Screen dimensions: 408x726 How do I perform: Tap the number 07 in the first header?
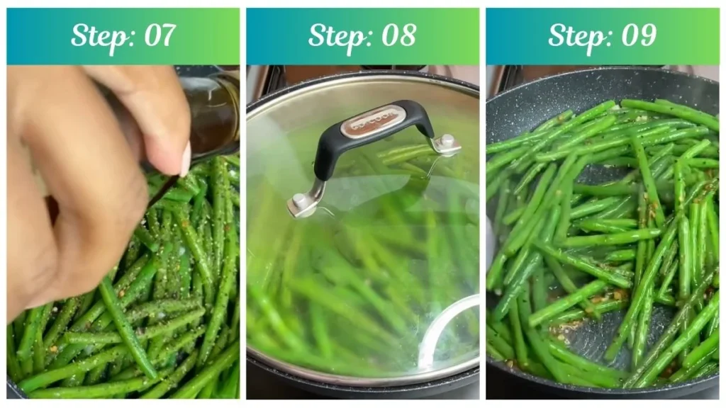pyautogui.click(x=158, y=35)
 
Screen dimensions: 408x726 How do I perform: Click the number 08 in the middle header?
pyautogui.click(x=398, y=35)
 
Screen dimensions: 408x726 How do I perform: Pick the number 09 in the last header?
pyautogui.click(x=637, y=35)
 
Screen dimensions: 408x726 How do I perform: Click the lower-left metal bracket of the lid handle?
pyautogui.click(x=303, y=202)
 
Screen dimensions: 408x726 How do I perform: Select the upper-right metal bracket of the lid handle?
pyautogui.click(x=445, y=143)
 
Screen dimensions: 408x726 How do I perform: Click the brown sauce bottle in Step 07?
pyautogui.click(x=213, y=113)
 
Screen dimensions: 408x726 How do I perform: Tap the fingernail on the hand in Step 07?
pyautogui.click(x=186, y=159)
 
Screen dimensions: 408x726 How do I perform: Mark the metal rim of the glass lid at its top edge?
pyautogui.click(x=362, y=76)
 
